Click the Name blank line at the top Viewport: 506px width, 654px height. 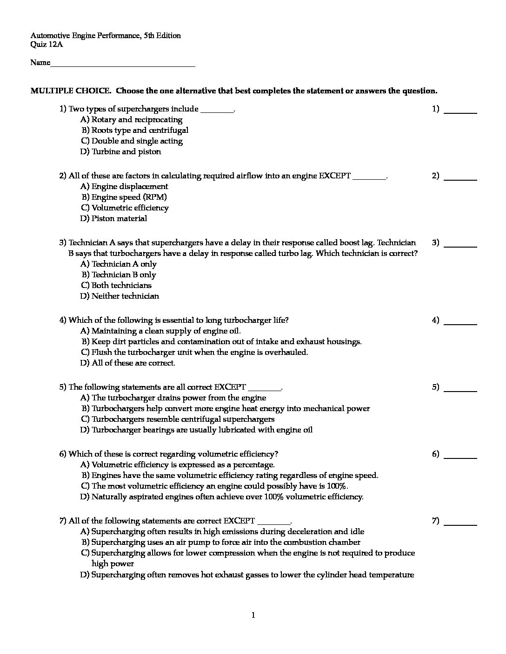coord(123,64)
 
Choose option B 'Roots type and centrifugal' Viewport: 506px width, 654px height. coord(140,131)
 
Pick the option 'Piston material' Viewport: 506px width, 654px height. coord(119,219)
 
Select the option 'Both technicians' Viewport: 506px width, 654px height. coord(121,286)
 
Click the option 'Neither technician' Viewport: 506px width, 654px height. coord(125,296)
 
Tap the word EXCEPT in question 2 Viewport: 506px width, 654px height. coord(334,176)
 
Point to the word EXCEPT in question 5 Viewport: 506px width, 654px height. coord(230,387)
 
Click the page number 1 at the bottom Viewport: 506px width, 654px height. coord(253,616)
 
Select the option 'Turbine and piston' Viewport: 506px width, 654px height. coord(126,152)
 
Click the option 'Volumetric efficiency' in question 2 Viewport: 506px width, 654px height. coord(130,208)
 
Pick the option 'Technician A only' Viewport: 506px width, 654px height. coord(124,264)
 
